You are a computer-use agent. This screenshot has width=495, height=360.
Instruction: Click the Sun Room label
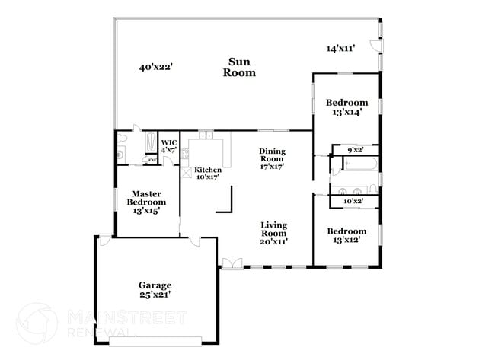tap(239, 67)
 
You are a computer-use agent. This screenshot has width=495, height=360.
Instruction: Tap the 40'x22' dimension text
tap(155, 67)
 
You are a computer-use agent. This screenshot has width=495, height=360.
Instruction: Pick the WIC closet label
tap(169, 146)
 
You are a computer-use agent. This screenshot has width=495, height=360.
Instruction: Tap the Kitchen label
tap(207, 173)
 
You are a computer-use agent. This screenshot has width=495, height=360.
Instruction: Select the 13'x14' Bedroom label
tap(346, 107)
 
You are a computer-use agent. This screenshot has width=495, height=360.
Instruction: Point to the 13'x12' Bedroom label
tap(346, 235)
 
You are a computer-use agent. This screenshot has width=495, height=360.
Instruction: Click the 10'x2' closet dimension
tap(353, 201)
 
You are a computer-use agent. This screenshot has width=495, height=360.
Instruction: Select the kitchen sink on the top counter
tap(205, 135)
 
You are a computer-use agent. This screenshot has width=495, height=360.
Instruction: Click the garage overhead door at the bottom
tap(156, 339)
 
